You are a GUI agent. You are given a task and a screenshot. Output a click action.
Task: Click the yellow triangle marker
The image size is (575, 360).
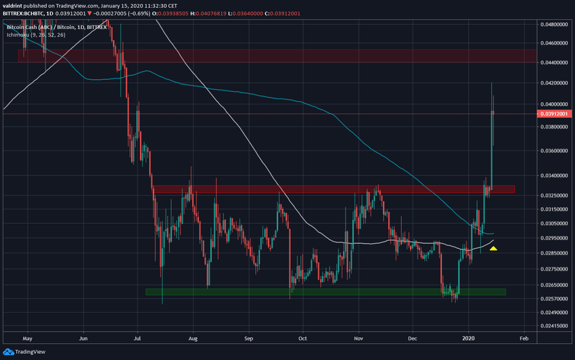pyautogui.click(x=494, y=249)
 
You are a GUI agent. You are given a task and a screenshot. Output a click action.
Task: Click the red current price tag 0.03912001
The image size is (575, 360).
pyautogui.click(x=554, y=114)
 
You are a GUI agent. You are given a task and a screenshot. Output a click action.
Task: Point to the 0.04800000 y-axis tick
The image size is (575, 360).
pyautogui.click(x=554, y=24)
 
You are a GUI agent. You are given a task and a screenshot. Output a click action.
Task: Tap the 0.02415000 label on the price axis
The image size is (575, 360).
pyautogui.click(x=554, y=325)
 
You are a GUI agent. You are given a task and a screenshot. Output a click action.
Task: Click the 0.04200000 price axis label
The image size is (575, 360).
pyautogui.click(x=554, y=83)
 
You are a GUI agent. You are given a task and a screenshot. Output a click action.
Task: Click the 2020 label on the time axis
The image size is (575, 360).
pyautogui.click(x=469, y=336)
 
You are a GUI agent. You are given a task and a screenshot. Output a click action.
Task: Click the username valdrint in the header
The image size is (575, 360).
pyautogui.click(x=16, y=5)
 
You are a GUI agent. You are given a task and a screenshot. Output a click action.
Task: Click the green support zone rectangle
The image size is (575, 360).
pyautogui.click(x=325, y=292)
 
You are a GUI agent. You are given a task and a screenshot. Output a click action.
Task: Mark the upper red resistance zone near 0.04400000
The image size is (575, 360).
pyautogui.click(x=271, y=55)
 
